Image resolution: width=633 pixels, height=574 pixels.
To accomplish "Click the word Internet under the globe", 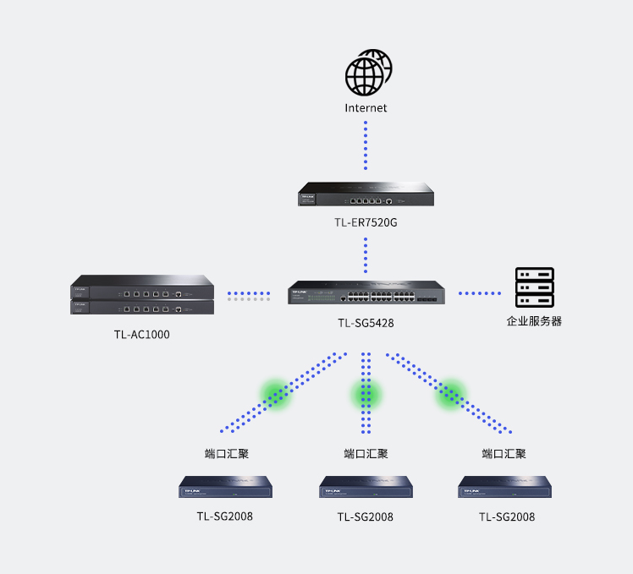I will [x=366, y=108].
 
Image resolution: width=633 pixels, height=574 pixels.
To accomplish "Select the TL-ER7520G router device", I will [x=366, y=194].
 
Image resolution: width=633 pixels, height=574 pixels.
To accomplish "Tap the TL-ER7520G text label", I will [x=366, y=223].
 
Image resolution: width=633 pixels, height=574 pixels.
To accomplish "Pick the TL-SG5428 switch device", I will [x=366, y=292].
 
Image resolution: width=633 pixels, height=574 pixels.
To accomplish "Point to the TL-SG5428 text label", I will [x=366, y=323].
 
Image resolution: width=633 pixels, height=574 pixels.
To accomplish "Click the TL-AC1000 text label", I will [x=142, y=335].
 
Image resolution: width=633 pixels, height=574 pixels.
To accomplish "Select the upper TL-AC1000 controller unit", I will [x=141, y=287].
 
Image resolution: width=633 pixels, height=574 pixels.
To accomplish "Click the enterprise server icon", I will [x=535, y=287].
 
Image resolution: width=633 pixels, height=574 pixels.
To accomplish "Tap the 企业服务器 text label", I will [x=534, y=321].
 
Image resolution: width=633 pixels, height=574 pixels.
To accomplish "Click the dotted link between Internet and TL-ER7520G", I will [x=366, y=145].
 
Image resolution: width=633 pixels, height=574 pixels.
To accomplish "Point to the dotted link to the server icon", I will [x=480, y=293].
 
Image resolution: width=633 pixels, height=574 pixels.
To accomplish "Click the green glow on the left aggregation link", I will [x=275, y=393].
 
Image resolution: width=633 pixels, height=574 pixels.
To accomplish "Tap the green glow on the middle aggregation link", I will [x=366, y=394].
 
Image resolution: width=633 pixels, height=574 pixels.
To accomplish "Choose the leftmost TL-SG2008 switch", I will [x=225, y=488].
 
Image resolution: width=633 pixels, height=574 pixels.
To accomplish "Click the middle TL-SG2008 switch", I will [x=366, y=488].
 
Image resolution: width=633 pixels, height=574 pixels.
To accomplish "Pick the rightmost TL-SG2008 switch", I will [x=505, y=488].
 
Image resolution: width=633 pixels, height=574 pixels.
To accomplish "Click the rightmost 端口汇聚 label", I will [x=504, y=454].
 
